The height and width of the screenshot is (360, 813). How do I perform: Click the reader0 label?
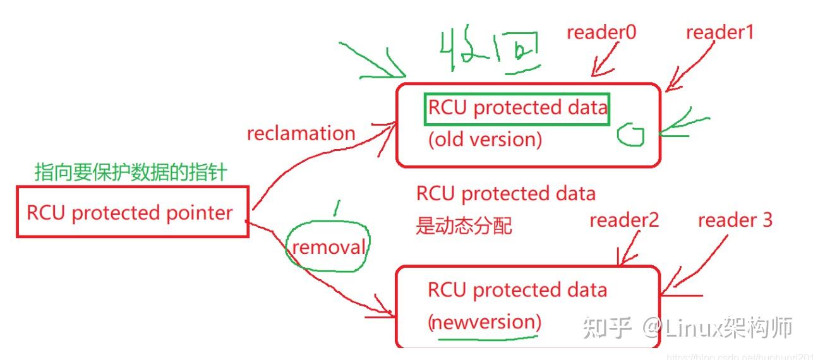[601, 33]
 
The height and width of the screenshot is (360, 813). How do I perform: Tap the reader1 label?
[720, 32]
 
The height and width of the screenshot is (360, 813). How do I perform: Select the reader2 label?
[623, 220]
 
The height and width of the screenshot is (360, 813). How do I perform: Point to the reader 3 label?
[735, 220]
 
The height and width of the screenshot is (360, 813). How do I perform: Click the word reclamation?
[301, 133]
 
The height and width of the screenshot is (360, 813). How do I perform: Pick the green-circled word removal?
[328, 247]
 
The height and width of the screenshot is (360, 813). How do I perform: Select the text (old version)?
[485, 139]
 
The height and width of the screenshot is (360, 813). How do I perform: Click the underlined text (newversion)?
[485, 322]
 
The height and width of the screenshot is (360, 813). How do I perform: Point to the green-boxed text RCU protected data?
[517, 108]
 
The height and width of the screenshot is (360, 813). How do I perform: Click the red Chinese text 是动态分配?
[463, 225]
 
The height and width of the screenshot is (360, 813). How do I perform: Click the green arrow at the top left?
[373, 61]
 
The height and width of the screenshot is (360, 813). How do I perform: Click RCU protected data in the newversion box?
[517, 291]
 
